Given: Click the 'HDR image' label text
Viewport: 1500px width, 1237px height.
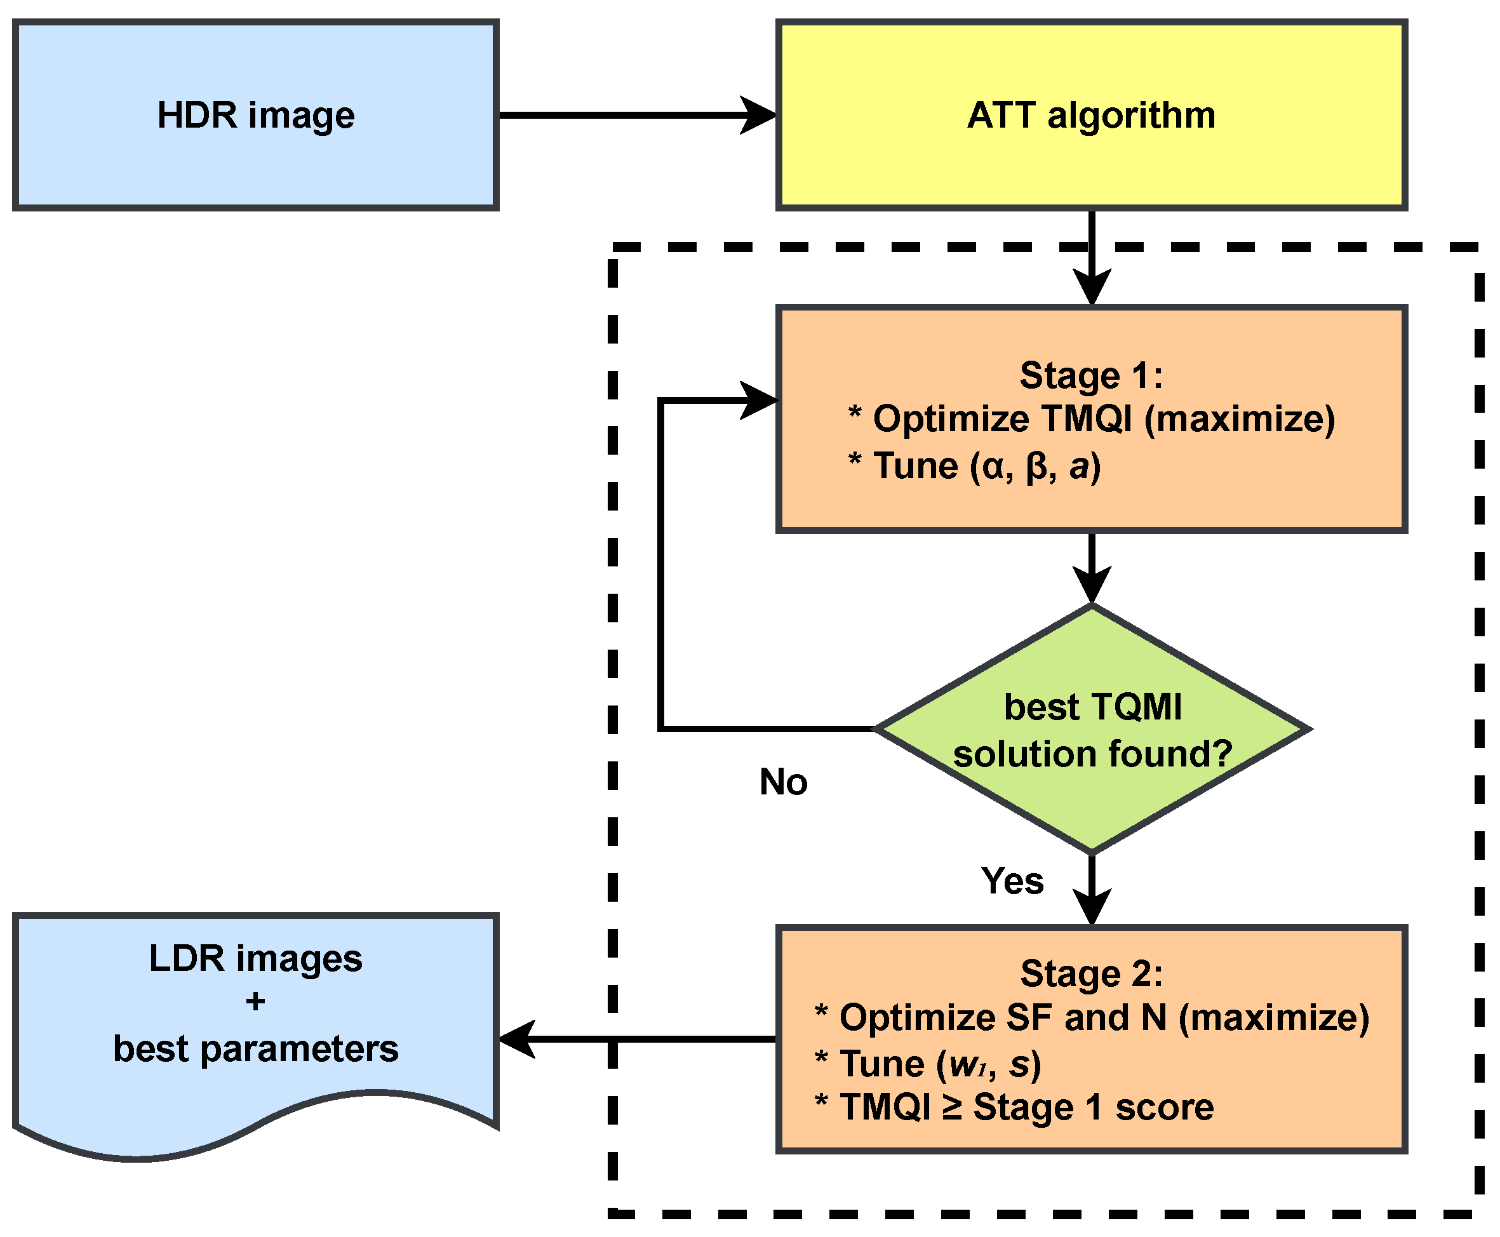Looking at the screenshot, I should tap(255, 115).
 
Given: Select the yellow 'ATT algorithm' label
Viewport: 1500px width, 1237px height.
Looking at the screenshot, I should tap(1090, 115).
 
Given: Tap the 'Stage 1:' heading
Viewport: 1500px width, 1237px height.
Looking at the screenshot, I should tap(1090, 375).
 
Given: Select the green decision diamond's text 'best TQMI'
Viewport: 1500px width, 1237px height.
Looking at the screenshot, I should tap(1092, 707).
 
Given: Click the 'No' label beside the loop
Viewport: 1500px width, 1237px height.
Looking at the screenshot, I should tap(783, 782).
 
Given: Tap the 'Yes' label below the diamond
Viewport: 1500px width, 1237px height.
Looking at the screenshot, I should tap(1012, 880).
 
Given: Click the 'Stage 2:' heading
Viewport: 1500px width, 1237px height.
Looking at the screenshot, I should tap(1091, 973).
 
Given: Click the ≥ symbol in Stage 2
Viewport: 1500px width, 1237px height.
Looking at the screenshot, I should tap(952, 1107).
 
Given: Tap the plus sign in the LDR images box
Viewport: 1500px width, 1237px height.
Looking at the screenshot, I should tap(255, 1002).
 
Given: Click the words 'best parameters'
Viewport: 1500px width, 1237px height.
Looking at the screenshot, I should tap(255, 1048).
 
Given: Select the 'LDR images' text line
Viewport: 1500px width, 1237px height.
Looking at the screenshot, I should tap(255, 958).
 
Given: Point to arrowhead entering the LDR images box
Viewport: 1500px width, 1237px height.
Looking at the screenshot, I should tap(516, 1039).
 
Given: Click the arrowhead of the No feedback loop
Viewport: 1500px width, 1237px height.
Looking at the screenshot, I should tap(760, 401).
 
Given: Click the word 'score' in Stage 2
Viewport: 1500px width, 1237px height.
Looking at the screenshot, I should tap(1163, 1107).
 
